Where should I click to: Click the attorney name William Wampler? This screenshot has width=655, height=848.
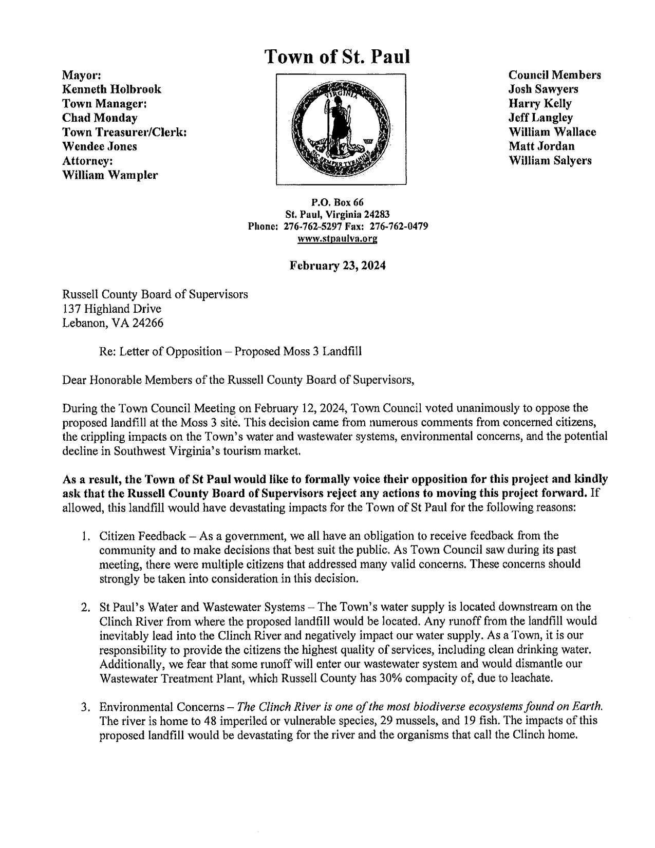(110, 175)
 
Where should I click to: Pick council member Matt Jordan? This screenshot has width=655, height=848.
(541, 146)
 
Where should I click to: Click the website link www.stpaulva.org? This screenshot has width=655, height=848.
(338, 239)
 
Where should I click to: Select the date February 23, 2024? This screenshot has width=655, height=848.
(338, 266)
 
